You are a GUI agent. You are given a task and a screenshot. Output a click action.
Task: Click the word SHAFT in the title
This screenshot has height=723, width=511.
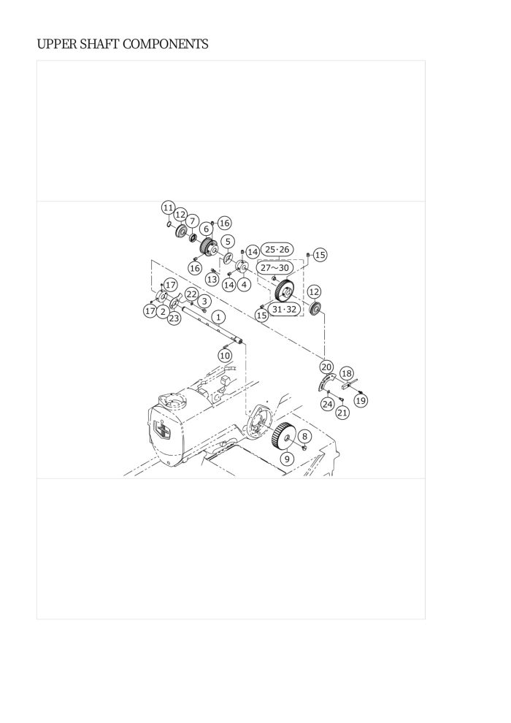pos(100,45)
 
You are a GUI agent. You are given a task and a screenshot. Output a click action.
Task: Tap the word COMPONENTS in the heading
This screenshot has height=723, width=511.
pos(166,45)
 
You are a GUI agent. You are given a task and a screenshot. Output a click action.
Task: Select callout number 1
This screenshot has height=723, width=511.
pos(218,317)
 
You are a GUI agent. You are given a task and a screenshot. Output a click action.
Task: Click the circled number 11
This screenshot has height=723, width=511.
pos(168,207)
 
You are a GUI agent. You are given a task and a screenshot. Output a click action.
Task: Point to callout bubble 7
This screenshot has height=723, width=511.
pos(193,221)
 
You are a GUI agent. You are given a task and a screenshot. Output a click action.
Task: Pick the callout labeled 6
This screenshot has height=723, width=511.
pos(207,229)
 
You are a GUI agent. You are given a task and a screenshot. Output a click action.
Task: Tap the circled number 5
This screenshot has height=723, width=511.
pos(228,242)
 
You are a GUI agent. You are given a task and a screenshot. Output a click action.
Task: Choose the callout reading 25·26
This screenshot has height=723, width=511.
pos(277,250)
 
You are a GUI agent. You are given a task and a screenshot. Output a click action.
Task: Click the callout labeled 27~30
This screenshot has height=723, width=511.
pos(274,268)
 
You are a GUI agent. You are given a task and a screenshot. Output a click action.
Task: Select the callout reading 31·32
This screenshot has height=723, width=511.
pos(284,310)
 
